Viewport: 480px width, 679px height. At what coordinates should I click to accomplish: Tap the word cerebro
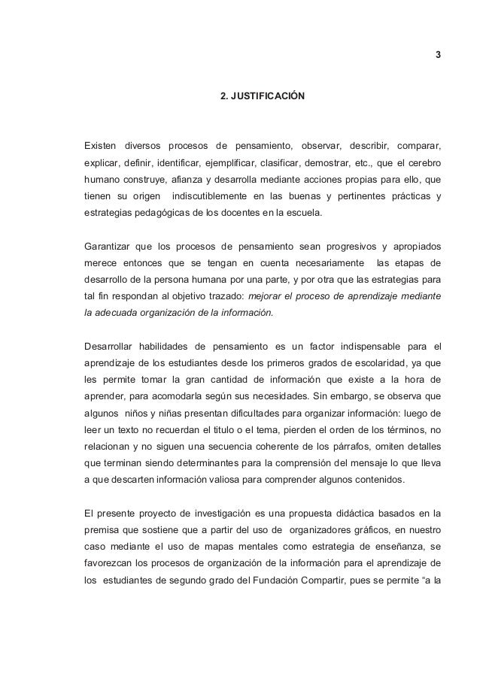[x=424, y=162]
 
